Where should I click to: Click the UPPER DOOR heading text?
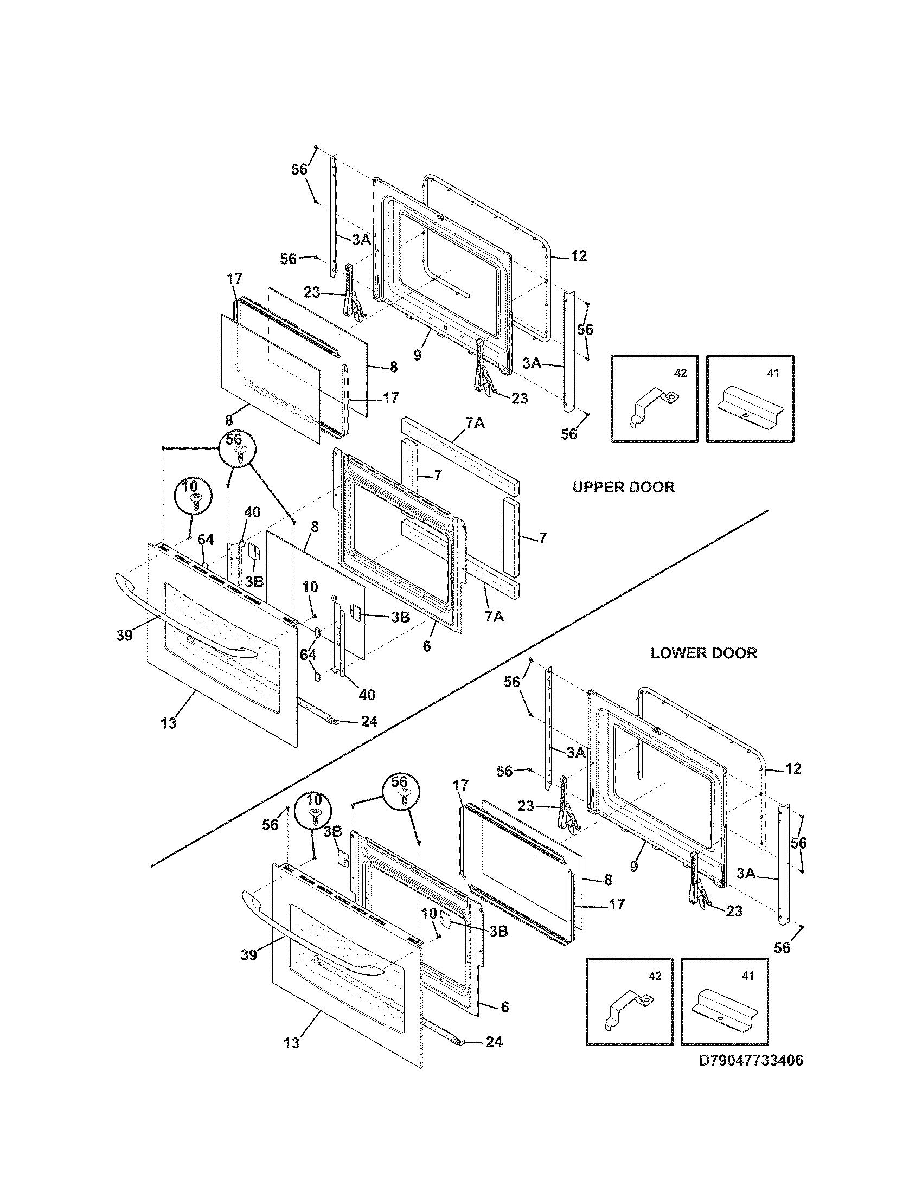tap(623, 487)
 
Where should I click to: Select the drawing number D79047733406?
tap(752, 1075)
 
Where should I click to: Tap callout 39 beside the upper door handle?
tap(125, 636)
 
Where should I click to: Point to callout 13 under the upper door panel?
tap(169, 723)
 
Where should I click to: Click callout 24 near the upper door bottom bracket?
tap(369, 721)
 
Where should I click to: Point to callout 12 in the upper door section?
tap(579, 255)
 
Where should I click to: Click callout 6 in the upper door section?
tap(427, 646)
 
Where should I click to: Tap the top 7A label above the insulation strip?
tap(475, 423)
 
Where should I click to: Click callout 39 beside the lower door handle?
tap(249, 955)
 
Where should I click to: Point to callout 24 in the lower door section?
tap(494, 1042)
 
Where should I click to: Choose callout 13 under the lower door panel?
tap(292, 1043)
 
